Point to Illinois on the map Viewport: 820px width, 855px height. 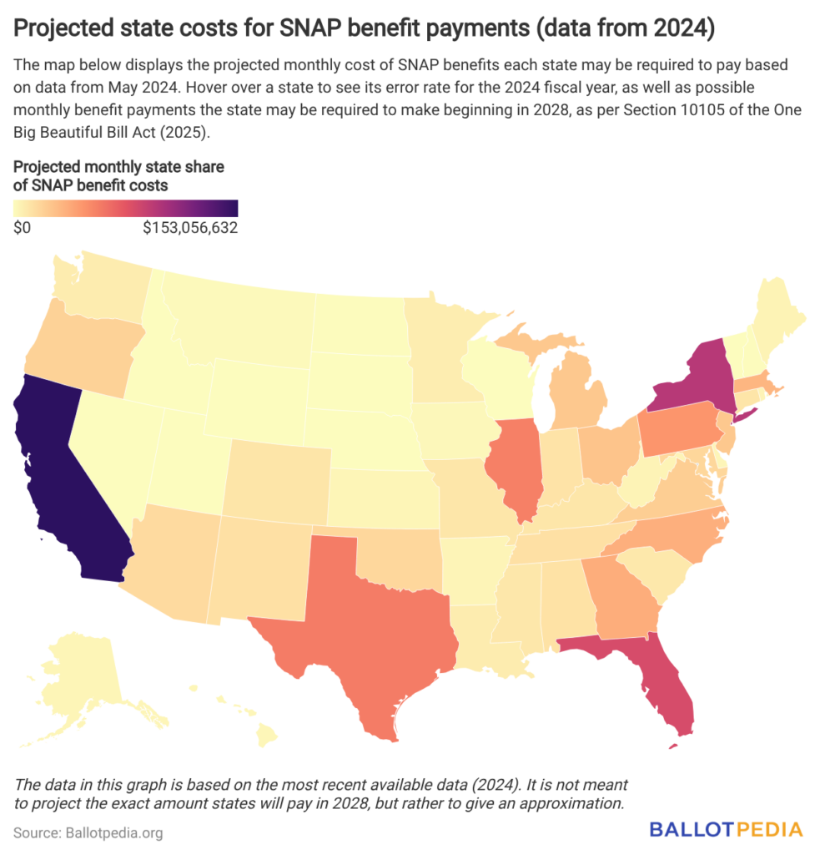tap(517, 468)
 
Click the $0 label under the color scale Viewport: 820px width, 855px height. tap(23, 229)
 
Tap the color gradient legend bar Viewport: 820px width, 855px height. tap(126, 208)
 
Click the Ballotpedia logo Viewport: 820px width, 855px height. tap(726, 829)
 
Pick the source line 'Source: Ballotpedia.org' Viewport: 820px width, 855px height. tap(88, 832)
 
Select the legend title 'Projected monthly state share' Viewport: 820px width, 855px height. tap(118, 167)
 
